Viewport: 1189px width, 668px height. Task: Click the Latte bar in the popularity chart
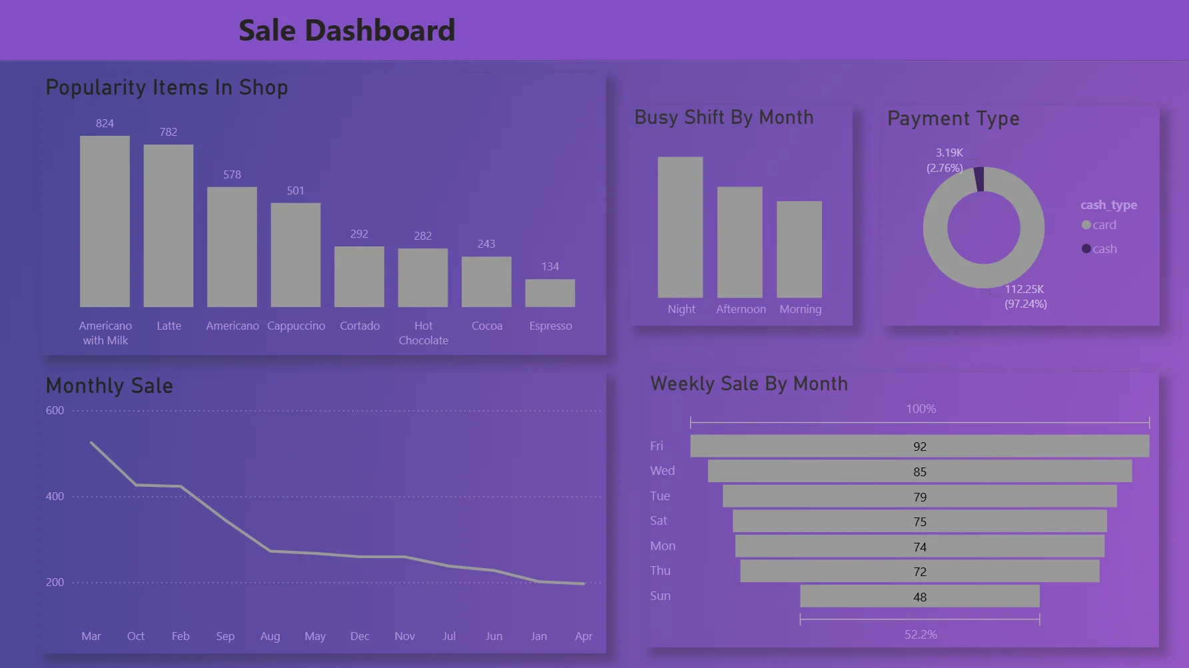[x=169, y=226]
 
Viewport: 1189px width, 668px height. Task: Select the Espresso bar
[x=550, y=293]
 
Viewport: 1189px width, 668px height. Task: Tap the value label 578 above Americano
[x=232, y=174]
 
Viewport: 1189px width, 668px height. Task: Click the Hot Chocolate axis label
[x=423, y=333]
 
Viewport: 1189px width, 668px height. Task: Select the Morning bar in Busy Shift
[x=799, y=250]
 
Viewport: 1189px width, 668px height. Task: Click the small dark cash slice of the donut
[x=979, y=179]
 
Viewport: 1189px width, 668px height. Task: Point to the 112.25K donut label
[x=1024, y=289]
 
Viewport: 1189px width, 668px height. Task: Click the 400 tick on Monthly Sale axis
[x=55, y=496]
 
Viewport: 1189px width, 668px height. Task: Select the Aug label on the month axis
[x=270, y=636]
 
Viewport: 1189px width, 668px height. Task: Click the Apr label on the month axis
[x=584, y=636]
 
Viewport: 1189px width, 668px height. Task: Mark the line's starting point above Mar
[x=91, y=442]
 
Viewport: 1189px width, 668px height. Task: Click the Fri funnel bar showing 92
[x=919, y=446]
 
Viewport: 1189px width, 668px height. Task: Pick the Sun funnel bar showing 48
[x=919, y=597]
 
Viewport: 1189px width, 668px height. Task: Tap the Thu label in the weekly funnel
[x=660, y=571]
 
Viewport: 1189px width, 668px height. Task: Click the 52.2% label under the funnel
[x=921, y=635]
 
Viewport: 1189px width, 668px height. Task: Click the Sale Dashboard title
[x=346, y=31]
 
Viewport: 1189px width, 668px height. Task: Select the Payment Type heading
[x=953, y=119]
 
